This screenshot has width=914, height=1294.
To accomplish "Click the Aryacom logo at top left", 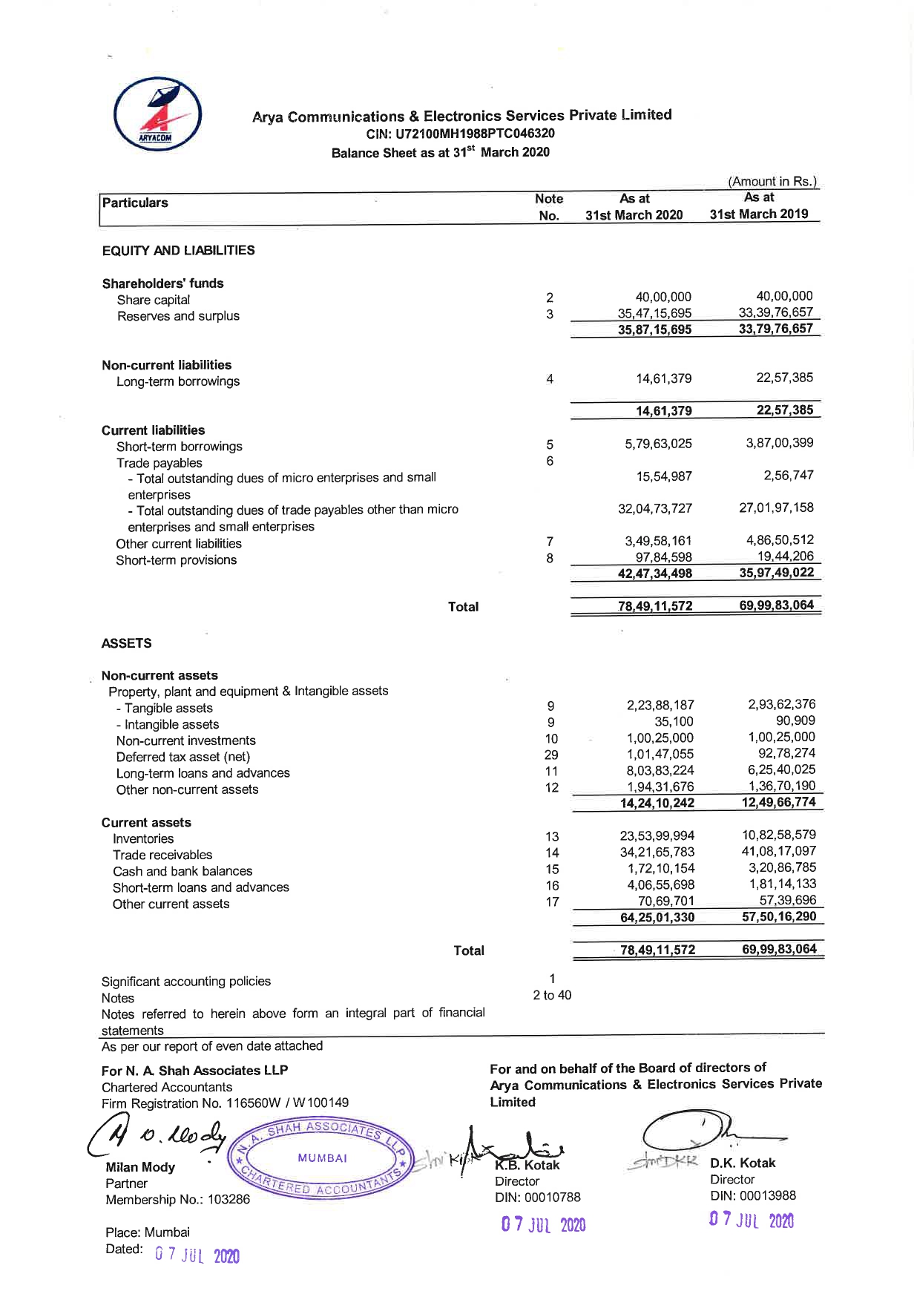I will point(157,116).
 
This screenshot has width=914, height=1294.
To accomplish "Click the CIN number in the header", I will point(461,134).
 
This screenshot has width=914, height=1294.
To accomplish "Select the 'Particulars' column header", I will point(135,203).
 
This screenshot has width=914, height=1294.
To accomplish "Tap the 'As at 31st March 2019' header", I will point(758,206).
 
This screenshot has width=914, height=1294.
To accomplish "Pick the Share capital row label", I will point(153,300).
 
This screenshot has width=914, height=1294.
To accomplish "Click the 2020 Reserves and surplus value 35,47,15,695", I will point(654,313).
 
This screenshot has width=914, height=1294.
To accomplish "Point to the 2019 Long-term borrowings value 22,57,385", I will point(784,377).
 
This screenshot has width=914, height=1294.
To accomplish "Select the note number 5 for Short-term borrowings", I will point(550,445).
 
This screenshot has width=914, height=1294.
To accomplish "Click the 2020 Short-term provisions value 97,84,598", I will point(663,557).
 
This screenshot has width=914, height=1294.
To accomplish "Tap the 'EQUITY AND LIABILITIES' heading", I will point(178,250).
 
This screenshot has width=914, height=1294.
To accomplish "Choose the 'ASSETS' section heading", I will point(126,643).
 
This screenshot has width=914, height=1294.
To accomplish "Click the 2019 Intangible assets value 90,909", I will point(795,720).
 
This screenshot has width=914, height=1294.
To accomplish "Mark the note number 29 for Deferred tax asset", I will point(550,755).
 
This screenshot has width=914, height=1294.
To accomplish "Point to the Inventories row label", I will point(143,838).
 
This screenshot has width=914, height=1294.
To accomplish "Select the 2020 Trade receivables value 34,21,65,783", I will point(657,852).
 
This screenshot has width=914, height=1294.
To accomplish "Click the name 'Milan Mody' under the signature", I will point(140,1167).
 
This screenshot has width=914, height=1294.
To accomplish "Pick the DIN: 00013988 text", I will point(752,1195).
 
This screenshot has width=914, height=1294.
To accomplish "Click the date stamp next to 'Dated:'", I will point(197,1255).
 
